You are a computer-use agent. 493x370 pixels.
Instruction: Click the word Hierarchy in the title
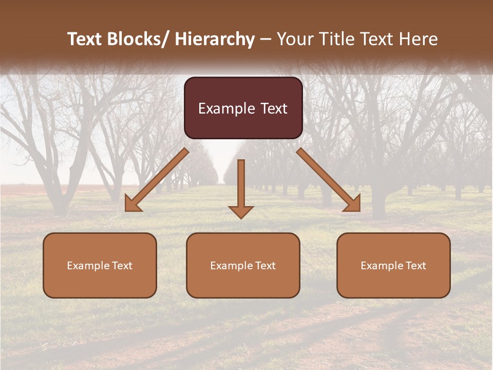point(215,39)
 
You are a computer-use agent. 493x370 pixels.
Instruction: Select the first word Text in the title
point(85,39)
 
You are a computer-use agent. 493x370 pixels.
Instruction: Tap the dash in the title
point(266,40)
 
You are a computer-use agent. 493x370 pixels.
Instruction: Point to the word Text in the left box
point(121,266)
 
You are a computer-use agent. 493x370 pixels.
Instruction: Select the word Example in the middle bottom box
point(231,266)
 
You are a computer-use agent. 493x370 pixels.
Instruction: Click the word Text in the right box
point(415,266)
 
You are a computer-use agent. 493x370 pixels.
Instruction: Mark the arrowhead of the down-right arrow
point(353,205)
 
